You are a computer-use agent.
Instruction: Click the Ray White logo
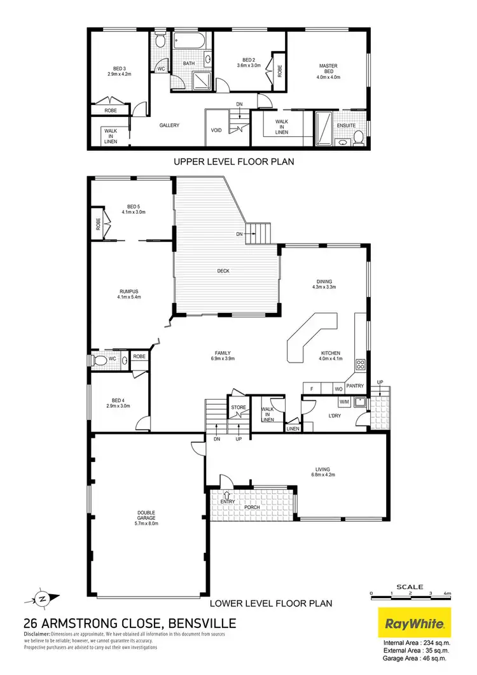tap(415, 622)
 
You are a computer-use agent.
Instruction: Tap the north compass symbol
tap(41, 598)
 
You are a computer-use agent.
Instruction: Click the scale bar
tap(411, 593)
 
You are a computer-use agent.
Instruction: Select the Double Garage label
tap(147, 518)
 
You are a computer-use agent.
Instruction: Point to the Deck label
tap(223, 271)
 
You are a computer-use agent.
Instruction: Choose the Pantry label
tap(354, 386)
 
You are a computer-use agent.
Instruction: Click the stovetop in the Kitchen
tap(359, 365)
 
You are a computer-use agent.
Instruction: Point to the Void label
tap(216, 130)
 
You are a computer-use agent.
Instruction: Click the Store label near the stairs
tap(238, 407)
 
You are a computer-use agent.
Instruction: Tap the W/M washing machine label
tap(345, 401)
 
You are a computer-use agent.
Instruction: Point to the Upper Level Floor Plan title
tap(233, 162)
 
